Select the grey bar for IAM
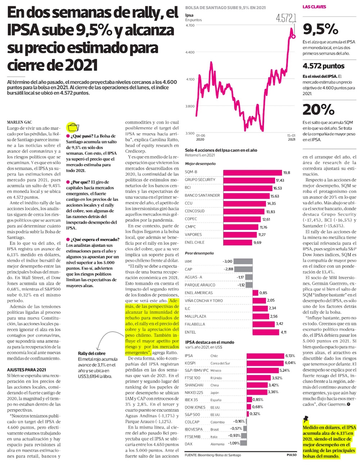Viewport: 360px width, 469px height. pos(233,261)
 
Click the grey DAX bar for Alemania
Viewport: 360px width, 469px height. pos(243,444)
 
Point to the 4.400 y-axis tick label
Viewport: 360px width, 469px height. pos(189,52)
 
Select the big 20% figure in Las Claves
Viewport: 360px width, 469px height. pos(319,109)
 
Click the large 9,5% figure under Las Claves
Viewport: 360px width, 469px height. pos(320,29)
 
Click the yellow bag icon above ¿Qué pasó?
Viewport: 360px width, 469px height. pos(73,127)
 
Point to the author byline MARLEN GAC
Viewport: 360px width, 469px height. pos(19,122)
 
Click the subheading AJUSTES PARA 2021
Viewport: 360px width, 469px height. pos(26,370)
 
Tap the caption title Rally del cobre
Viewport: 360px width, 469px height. pos(92,354)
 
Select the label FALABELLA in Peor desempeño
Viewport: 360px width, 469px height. pos(195,324)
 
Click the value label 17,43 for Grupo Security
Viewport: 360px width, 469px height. pos(280,180)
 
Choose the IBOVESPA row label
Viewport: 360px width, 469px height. pos(194,429)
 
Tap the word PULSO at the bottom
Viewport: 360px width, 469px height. pos(292,455)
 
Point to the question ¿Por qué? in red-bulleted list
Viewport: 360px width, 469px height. pos(80,182)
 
